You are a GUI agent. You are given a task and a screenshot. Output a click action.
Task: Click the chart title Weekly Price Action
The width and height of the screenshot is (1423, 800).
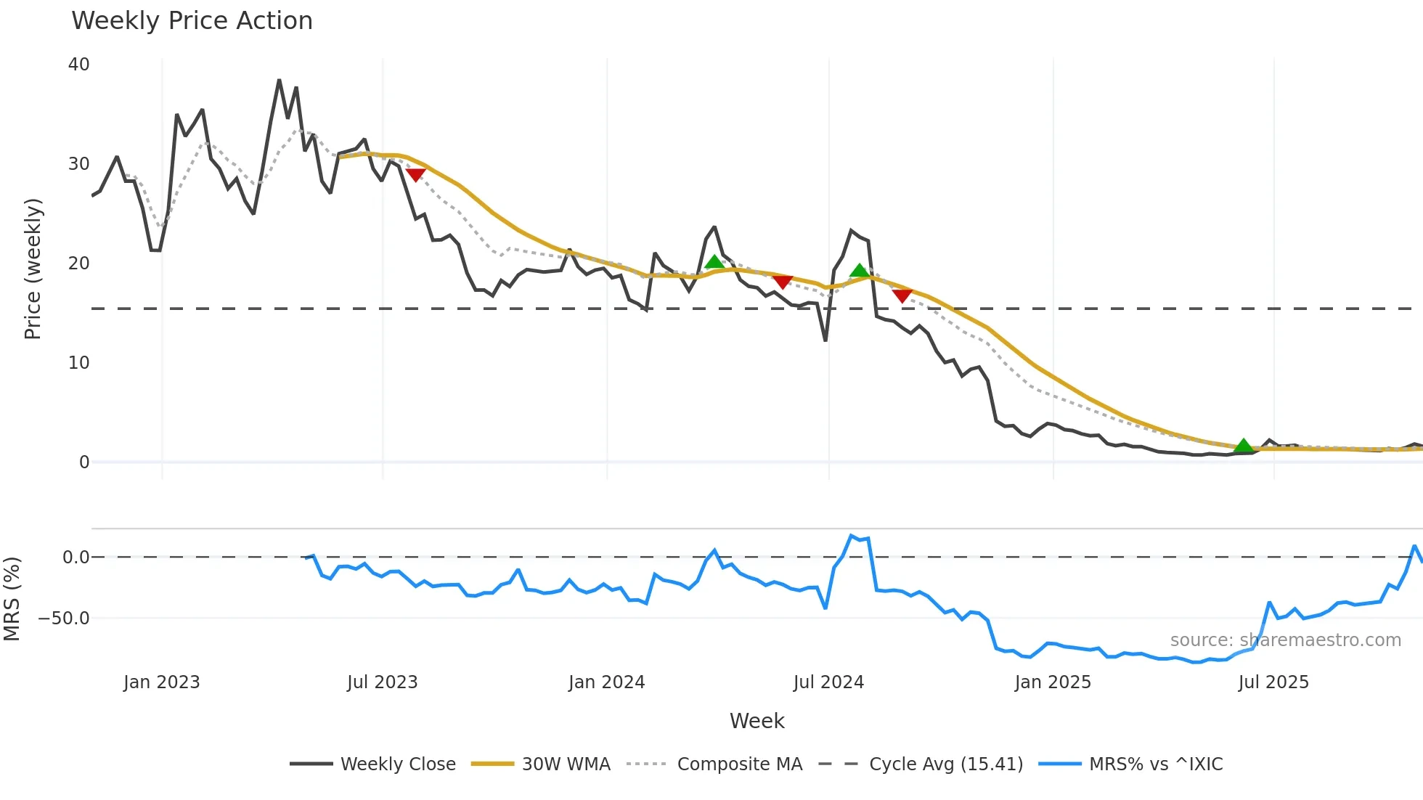click(192, 21)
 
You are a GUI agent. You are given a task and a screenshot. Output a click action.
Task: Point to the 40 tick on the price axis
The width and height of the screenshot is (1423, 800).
click(78, 65)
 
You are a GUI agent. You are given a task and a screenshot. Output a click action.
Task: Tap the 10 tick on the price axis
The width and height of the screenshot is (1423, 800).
click(78, 363)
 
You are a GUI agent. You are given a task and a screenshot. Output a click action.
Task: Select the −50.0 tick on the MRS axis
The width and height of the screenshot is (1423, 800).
click(64, 619)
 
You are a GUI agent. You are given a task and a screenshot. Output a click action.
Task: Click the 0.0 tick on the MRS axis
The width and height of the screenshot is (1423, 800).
click(76, 558)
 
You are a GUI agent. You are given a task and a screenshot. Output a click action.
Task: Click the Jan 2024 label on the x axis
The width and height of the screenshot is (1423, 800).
click(606, 682)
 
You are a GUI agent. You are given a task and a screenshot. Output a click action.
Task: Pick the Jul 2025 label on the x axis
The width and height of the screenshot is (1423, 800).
click(1273, 682)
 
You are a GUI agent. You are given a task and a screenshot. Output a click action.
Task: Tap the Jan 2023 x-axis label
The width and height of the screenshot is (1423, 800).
click(161, 682)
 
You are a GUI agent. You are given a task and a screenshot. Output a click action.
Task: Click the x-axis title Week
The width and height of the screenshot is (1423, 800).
click(757, 721)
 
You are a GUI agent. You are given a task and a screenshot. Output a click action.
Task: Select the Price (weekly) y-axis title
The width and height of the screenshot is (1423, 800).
click(33, 269)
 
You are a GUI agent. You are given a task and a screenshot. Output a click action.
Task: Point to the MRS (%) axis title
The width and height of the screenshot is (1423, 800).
click(12, 599)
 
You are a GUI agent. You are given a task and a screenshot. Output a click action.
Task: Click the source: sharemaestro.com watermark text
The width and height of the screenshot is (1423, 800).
click(1285, 640)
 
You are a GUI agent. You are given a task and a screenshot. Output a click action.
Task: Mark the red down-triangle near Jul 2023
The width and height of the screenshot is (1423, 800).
click(415, 175)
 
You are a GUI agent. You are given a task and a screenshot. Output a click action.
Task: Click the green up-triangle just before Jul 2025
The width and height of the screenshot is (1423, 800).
click(1244, 446)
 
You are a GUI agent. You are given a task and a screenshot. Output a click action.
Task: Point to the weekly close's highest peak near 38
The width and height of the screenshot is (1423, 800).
click(279, 81)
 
